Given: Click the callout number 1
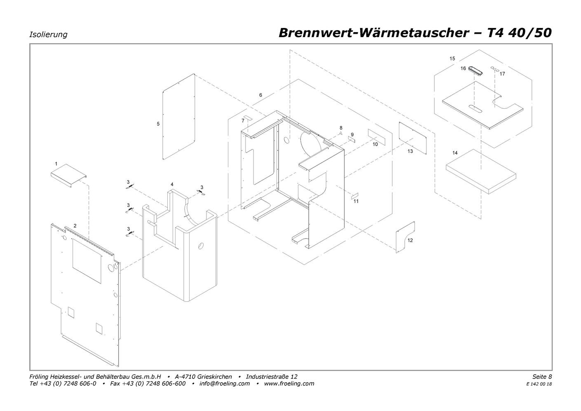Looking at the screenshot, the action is click(56, 164).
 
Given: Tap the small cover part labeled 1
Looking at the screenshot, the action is click(68, 175).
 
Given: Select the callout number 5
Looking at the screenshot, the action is click(158, 124).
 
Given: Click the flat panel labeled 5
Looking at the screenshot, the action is click(178, 117).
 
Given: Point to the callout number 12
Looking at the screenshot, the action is click(410, 240).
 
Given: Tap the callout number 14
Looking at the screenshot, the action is click(455, 153).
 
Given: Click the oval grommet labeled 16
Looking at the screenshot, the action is click(475, 70).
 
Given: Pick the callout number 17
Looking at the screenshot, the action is click(502, 74).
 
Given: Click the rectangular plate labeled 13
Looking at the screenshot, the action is click(412, 138).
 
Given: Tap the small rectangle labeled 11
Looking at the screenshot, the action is click(355, 196).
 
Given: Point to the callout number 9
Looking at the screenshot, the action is click(352, 135).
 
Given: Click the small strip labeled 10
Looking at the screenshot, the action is click(377, 137).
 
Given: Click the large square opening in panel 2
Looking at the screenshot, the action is click(87, 261).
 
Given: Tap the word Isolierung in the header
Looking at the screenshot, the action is click(48, 35).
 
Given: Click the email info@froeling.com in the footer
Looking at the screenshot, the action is click(225, 383).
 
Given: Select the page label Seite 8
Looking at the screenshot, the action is click(542, 376).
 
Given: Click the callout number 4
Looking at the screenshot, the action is click(172, 185).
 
